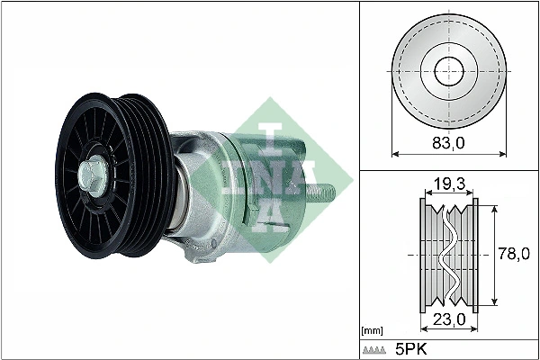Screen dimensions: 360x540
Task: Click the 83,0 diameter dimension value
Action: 447,143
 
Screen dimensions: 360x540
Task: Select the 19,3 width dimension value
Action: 448,184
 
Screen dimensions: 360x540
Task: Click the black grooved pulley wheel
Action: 112,171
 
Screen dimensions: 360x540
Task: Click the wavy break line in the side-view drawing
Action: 447,253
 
